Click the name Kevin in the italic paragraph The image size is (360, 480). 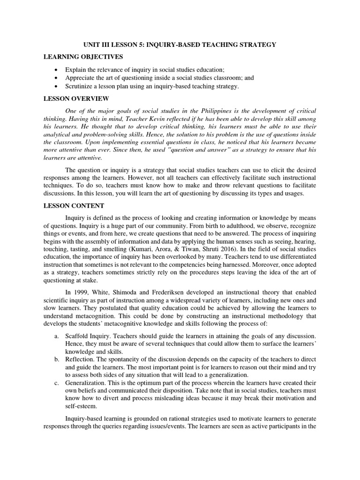click(165, 120)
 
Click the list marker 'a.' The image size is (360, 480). click(56, 336)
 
